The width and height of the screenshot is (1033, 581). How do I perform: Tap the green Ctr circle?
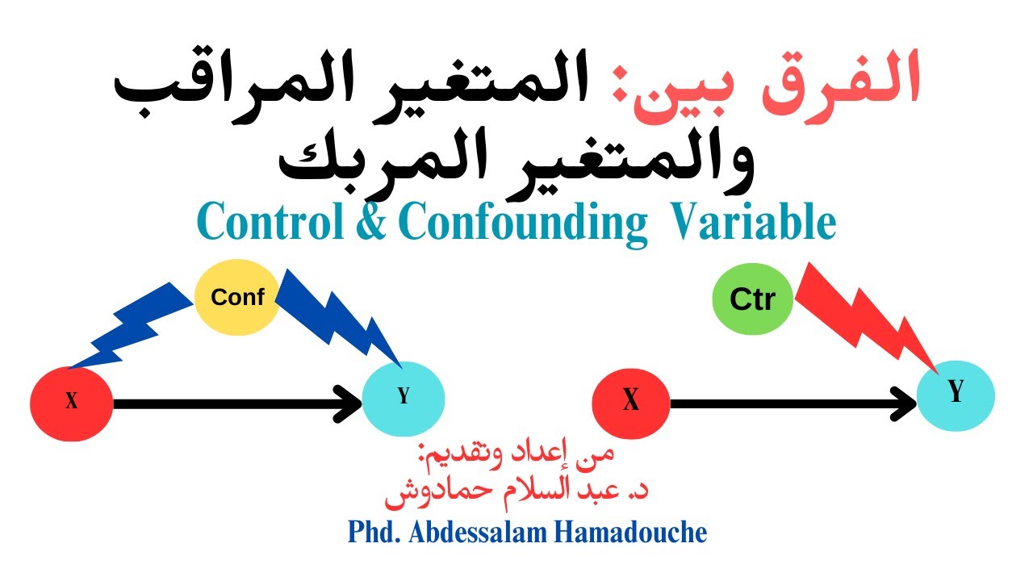(751, 299)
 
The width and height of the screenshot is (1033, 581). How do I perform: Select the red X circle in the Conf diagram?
(71, 402)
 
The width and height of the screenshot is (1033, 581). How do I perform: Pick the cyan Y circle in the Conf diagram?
(404, 398)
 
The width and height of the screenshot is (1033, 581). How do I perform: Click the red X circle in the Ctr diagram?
(631, 401)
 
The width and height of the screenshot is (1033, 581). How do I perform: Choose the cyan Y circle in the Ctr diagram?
(956, 394)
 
